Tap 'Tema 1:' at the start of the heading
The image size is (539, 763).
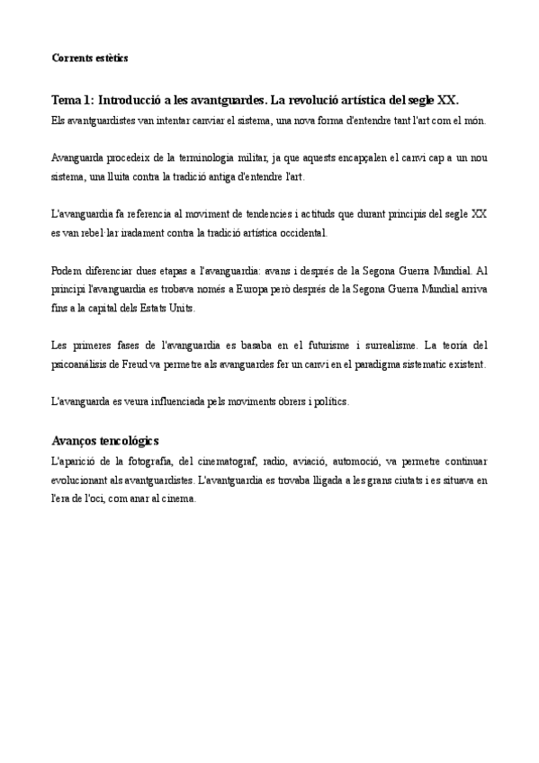(72, 102)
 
